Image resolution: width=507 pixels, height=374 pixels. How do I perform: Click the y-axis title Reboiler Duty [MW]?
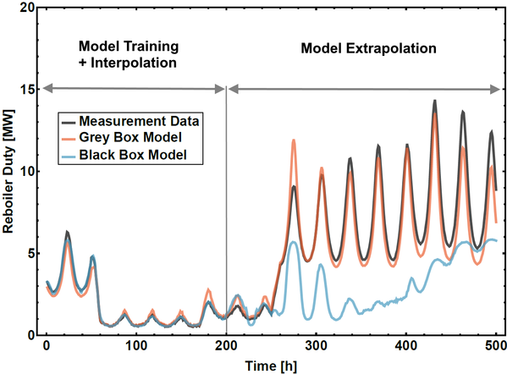(8, 172)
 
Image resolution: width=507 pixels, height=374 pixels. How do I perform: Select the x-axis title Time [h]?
(271, 366)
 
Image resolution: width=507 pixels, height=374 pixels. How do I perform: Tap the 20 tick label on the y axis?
(27, 8)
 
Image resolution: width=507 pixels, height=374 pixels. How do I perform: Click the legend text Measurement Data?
(139, 121)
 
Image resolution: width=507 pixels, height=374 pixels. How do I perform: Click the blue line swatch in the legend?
(69, 155)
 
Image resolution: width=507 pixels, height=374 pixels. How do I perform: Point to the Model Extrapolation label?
(368, 48)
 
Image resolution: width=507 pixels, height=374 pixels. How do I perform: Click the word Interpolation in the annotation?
(134, 63)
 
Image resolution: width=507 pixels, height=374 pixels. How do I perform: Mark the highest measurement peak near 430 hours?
(435, 101)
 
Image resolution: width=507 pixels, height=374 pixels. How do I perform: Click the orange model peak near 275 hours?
(294, 140)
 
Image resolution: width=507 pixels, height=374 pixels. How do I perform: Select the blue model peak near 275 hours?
(294, 242)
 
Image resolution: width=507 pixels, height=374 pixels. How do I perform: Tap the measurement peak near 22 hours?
(67, 232)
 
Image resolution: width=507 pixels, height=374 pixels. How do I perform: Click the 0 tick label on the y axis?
(31, 336)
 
